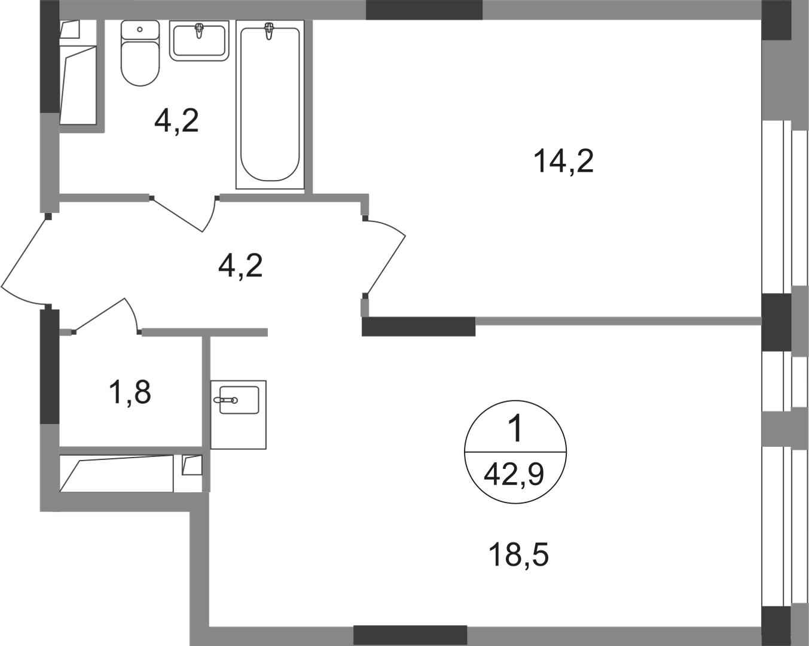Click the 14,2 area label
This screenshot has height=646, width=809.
point(563,161)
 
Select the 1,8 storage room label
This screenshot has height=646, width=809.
point(130,392)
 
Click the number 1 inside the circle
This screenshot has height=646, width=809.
point(516,429)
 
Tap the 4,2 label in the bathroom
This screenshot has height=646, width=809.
point(176,120)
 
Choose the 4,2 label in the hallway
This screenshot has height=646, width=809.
point(240,266)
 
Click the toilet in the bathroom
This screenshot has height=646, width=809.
point(140,53)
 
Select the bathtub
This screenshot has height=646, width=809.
point(270,104)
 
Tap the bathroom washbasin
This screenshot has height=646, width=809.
point(199,41)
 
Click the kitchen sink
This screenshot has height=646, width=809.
point(239,415)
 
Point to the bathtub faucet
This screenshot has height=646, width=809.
point(268,31)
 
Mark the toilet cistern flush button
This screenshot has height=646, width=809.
point(140,29)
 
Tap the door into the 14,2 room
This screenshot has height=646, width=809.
point(384,257)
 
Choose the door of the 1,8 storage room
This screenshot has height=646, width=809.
point(106,316)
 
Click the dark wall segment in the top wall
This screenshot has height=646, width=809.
point(424,10)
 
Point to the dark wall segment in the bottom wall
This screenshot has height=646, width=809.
point(410,636)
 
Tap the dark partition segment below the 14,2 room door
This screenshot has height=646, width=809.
point(419,327)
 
